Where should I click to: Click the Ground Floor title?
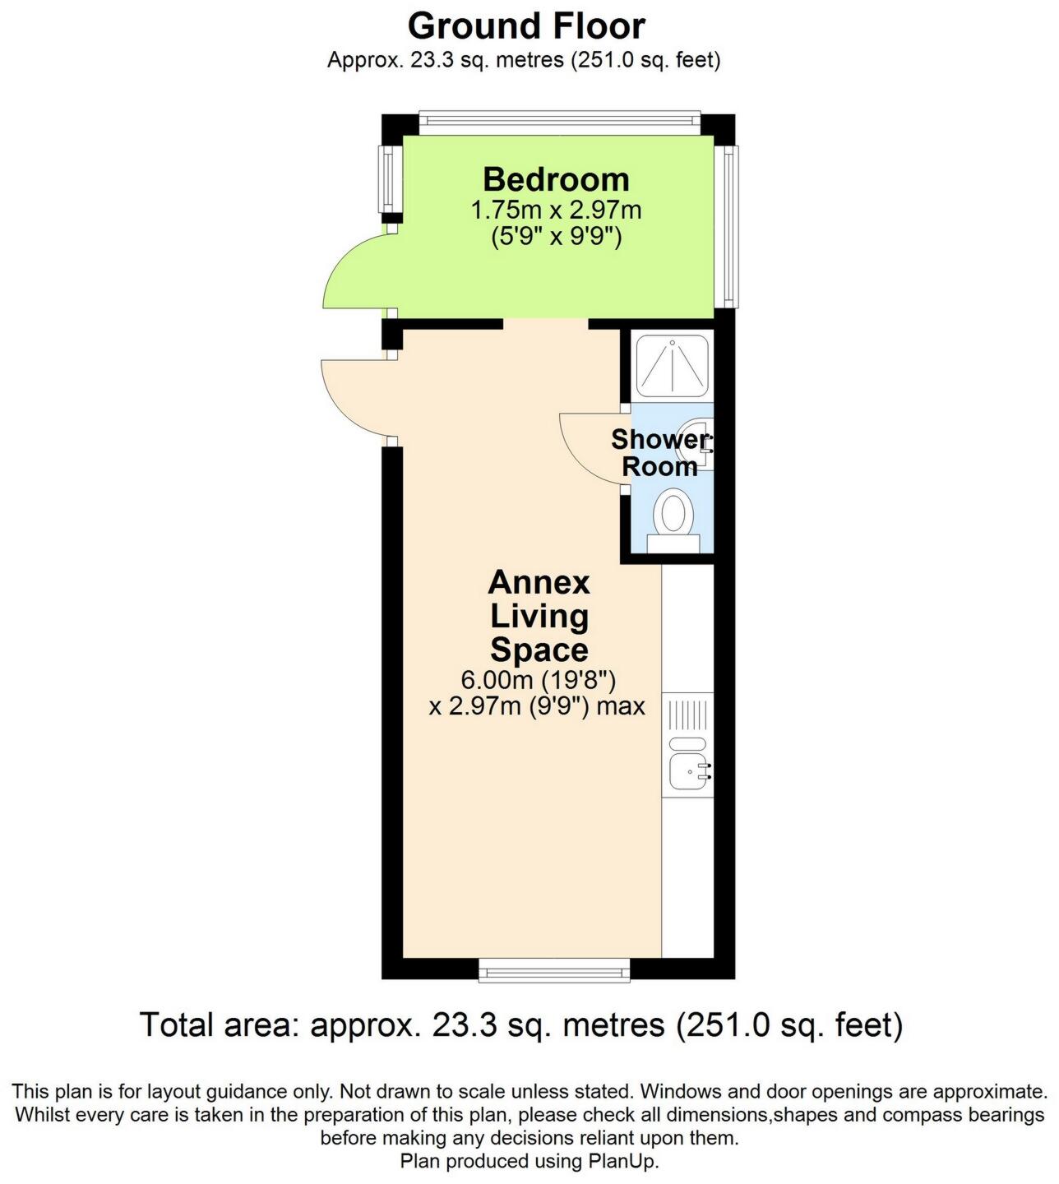click(526, 26)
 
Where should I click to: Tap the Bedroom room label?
click(556, 179)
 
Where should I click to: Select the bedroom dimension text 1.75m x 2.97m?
click(556, 210)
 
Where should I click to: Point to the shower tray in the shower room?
click(672, 366)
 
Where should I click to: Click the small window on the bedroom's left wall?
click(386, 178)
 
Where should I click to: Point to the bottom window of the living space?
click(554, 971)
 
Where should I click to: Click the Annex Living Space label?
click(539, 616)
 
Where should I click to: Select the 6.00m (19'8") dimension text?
click(539, 681)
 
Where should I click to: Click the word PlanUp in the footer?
click(624, 1161)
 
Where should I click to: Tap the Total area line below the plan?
click(521, 1025)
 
